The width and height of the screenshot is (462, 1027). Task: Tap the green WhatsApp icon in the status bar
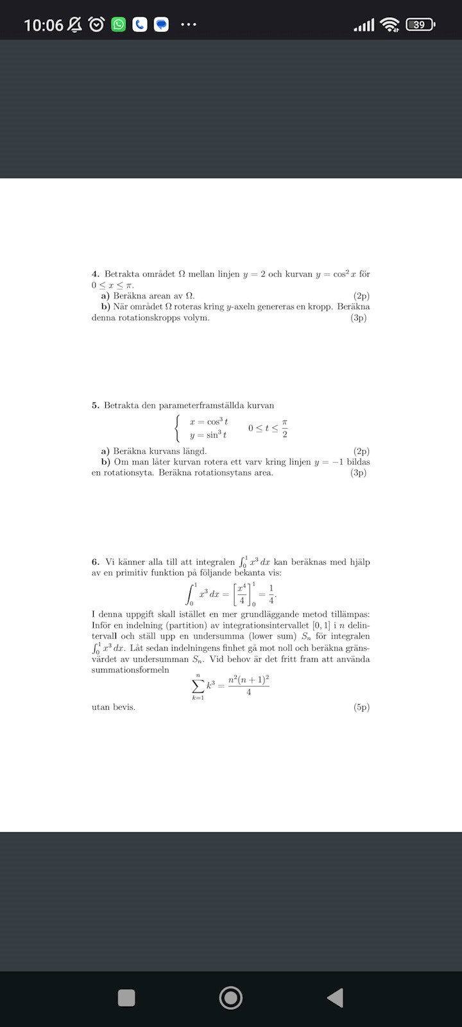tap(119, 25)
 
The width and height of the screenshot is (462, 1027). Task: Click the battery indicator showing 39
tap(420, 25)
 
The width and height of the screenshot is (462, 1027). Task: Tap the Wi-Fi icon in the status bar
tap(389, 25)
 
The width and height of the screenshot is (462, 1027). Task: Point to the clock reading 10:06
tap(44, 25)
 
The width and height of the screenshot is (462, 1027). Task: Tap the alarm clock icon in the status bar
tap(97, 25)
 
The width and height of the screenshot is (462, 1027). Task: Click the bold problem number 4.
tap(95, 274)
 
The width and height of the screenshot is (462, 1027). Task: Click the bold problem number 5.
tap(95, 405)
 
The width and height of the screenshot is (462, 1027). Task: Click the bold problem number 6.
tap(95, 562)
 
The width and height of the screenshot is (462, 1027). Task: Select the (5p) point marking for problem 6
tap(361, 707)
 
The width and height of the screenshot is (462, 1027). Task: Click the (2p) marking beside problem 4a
tap(361, 296)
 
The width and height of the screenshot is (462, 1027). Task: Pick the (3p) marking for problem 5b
tap(358, 473)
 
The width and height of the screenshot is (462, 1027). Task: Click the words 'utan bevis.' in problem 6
tap(114, 707)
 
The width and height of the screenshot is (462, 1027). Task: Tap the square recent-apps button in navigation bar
tap(126, 997)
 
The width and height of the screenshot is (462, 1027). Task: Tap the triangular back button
tap(335, 997)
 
